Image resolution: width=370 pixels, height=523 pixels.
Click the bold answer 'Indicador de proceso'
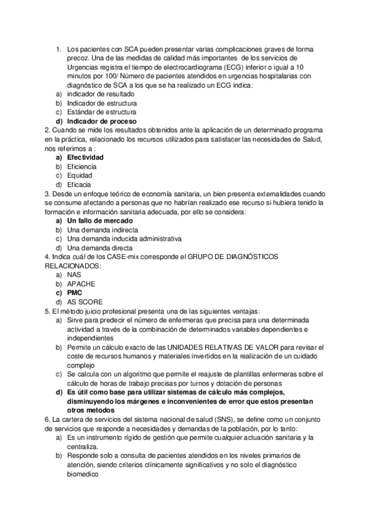tap(101, 121)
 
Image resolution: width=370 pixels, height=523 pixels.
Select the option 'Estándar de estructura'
tap(101, 112)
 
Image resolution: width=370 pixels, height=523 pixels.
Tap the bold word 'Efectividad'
tap(85, 157)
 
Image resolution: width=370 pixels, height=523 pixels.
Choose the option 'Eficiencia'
tap(83, 167)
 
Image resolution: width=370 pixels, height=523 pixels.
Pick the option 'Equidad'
tap(80, 175)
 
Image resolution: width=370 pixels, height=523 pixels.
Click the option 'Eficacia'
tap(79, 184)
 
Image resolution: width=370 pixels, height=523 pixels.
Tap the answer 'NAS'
tap(74, 274)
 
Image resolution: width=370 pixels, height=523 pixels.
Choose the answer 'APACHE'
tap(81, 283)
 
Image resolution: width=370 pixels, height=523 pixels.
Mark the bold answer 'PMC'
tap(75, 292)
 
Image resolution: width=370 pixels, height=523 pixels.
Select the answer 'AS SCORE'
tap(84, 302)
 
